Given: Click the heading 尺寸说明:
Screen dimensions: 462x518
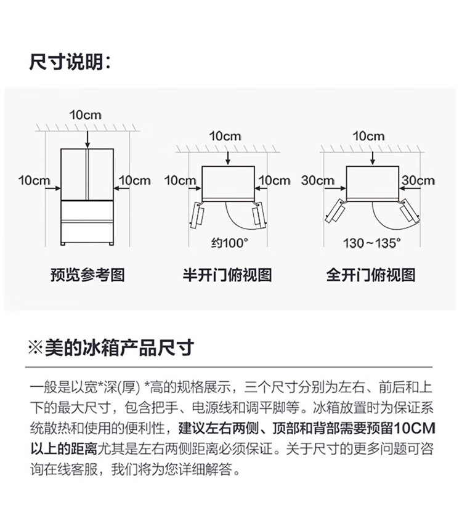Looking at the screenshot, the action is (70, 62).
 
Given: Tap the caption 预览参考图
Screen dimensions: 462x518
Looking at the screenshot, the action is (87, 275).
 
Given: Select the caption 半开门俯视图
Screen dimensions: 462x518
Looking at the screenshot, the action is (227, 275).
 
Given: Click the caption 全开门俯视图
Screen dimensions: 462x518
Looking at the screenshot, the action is (371, 275).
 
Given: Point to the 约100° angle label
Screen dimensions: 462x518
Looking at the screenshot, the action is (230, 243).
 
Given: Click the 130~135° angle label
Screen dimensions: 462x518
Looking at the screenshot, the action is (372, 243).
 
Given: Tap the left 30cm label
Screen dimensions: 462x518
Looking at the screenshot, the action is (318, 180).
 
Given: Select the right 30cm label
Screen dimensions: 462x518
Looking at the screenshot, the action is (418, 180).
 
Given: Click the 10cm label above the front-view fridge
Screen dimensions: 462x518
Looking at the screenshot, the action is (85, 115).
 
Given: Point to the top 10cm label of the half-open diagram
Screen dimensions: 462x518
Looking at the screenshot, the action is (225, 136).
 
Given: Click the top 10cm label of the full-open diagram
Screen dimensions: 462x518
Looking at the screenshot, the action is (368, 136).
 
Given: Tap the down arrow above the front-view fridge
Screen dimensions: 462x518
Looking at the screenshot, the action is (87, 139).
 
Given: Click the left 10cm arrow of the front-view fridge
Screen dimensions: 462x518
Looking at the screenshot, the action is (53, 188).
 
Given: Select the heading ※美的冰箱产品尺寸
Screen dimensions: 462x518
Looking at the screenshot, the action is (111, 347).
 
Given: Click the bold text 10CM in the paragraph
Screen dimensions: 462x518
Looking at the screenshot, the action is (415, 429).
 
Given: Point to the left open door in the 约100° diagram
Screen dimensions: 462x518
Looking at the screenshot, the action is (197, 215).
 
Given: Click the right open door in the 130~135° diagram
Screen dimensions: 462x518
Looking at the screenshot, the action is (410, 211).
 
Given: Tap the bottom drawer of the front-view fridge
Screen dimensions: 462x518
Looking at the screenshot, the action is (87, 233).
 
